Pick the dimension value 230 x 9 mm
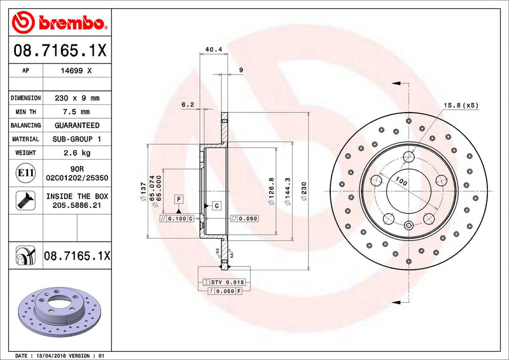click(x=76, y=98)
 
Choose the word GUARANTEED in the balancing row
click(x=76, y=125)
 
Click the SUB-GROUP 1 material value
click(x=77, y=139)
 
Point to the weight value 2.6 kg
click(x=77, y=153)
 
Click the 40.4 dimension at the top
click(x=214, y=48)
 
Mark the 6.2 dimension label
click(x=187, y=104)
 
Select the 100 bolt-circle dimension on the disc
click(x=401, y=182)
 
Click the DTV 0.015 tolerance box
click(x=228, y=282)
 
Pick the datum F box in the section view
click(x=179, y=199)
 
